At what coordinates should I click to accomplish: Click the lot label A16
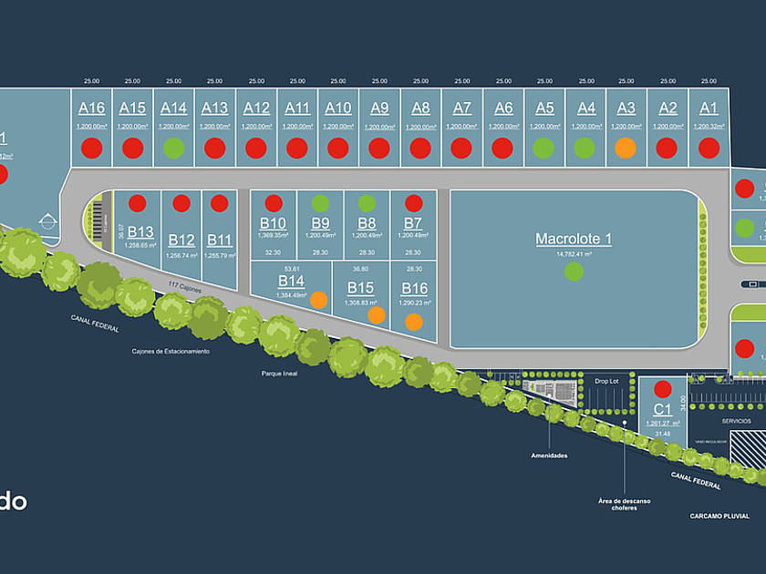click(91, 108)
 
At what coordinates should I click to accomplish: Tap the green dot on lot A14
click(173, 147)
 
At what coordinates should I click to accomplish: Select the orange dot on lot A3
click(625, 147)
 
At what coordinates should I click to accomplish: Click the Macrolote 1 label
click(573, 239)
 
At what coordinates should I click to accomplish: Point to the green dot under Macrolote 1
click(573, 271)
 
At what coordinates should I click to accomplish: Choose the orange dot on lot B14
click(318, 299)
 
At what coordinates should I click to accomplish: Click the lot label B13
click(140, 231)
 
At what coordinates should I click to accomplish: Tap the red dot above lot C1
click(663, 389)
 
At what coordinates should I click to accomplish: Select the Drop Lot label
click(606, 381)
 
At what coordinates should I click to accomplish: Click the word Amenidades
click(550, 455)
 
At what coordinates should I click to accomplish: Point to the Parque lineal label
click(279, 372)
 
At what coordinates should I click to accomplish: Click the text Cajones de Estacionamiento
click(171, 351)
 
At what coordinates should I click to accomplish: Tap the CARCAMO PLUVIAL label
click(719, 516)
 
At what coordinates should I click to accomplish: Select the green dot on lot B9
click(320, 203)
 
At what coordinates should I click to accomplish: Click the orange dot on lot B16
click(413, 321)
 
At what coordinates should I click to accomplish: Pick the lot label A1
click(709, 108)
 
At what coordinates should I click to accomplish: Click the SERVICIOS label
click(736, 421)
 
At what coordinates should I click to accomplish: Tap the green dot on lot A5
click(543, 147)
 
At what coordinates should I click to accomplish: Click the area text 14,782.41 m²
click(573, 254)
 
